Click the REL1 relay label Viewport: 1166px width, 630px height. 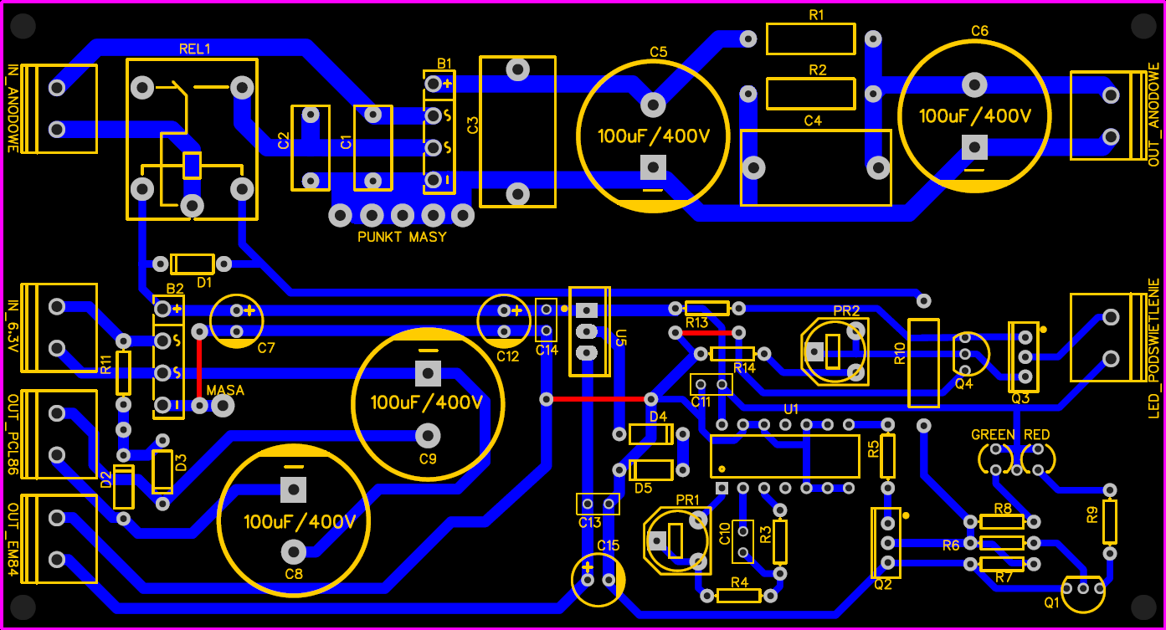(x=194, y=49)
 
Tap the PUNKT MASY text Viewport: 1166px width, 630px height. (x=402, y=237)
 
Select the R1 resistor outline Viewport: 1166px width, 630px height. (x=810, y=39)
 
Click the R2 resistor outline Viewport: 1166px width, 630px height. (x=810, y=94)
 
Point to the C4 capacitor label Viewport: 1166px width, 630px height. (x=813, y=120)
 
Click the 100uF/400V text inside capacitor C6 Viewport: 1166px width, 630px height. (x=975, y=116)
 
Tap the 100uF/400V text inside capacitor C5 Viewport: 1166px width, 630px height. (x=653, y=136)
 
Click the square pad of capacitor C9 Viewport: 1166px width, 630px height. (x=428, y=372)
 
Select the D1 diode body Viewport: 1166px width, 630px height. (x=193, y=264)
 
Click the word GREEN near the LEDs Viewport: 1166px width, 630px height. (x=993, y=435)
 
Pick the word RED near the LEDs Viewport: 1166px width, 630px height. (x=1036, y=435)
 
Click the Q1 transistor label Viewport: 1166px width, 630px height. (x=1051, y=602)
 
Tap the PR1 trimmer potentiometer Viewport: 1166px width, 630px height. (x=675, y=540)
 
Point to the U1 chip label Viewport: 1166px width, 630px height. (x=791, y=409)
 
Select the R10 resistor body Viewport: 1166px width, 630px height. (x=923, y=362)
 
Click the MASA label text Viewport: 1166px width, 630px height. (x=225, y=391)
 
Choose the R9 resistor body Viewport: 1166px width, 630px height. (x=1110, y=521)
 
